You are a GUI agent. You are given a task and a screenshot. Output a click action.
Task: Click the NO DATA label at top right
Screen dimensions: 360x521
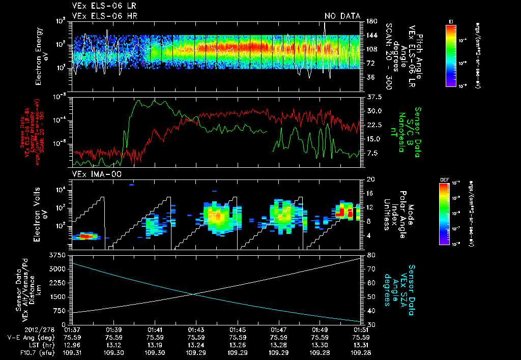[x=342, y=16]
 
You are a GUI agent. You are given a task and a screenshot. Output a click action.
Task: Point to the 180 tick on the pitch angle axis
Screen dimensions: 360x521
[x=370, y=21]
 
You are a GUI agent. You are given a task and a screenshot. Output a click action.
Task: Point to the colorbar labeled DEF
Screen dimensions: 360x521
[x=444, y=214]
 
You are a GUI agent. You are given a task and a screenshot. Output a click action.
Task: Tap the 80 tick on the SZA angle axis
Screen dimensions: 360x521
[x=370, y=255]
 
